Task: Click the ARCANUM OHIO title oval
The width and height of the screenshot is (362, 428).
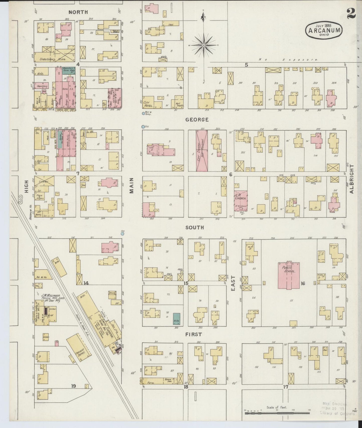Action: tap(324, 30)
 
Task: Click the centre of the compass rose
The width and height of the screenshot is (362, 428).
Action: tap(204, 45)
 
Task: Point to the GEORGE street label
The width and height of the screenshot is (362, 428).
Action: tap(197, 120)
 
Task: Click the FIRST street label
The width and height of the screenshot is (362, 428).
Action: tap(194, 334)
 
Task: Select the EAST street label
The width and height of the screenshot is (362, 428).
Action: tap(233, 283)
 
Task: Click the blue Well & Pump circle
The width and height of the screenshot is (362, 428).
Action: tap(143, 113)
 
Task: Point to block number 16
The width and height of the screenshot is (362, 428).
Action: tap(303, 283)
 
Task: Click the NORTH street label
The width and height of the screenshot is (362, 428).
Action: tap(78, 12)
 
